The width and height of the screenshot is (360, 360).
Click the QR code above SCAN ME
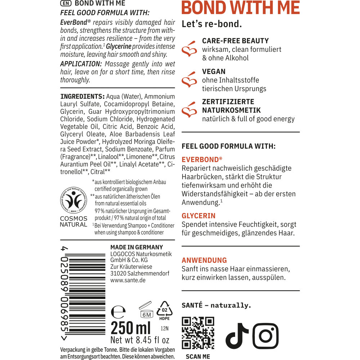click(198, 333)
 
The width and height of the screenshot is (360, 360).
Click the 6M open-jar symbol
click(146, 310)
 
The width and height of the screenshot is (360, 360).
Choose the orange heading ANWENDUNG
click(204, 260)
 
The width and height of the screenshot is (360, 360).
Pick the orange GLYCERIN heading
click(199, 216)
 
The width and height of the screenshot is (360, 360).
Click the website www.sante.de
click(128, 280)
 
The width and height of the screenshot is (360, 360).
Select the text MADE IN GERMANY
click(136, 247)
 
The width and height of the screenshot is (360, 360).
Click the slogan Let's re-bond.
click(212, 24)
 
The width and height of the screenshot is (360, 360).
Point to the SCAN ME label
click(198, 356)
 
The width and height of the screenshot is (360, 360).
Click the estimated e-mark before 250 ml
click(117, 311)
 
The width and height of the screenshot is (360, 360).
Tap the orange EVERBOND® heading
click(202, 159)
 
